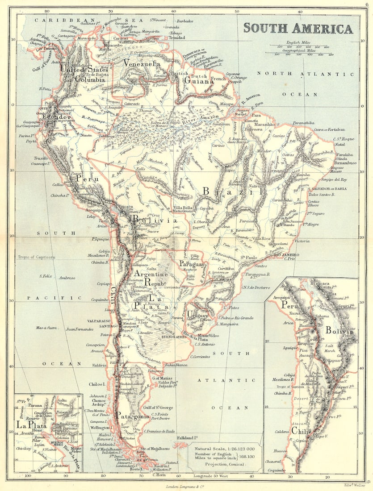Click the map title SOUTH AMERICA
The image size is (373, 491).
click(x=298, y=29)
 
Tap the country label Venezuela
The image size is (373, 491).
click(x=142, y=63)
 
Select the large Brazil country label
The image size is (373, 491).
click(x=232, y=191)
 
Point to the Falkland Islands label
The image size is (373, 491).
click(x=189, y=438)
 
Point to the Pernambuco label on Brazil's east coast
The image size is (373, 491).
click(x=346, y=163)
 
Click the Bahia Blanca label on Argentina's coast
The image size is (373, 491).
click(x=176, y=365)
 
